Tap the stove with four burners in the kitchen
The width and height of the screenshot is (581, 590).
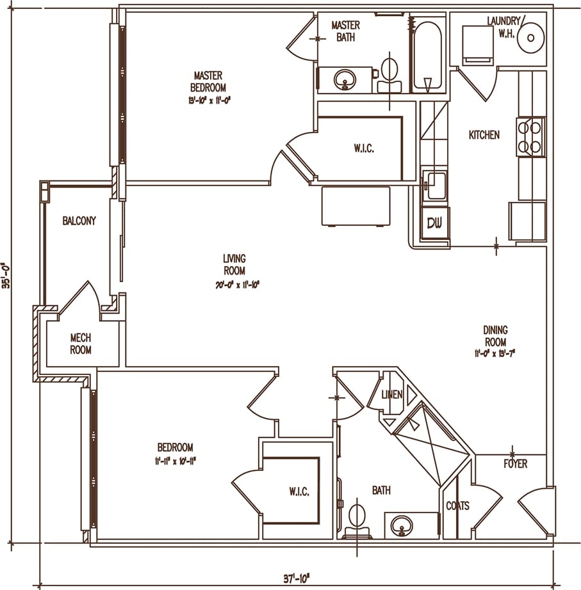pos(531,137)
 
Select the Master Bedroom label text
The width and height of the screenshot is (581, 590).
pos(208,81)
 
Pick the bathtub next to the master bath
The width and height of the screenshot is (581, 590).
pos(427,57)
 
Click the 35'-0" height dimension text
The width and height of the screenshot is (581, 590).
pos(7,276)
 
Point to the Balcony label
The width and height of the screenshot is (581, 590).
pos(79,221)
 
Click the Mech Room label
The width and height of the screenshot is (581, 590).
pos(81,344)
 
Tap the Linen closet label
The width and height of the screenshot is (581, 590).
pos(392,395)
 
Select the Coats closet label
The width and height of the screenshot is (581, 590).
pos(457,506)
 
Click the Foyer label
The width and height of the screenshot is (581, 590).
pos(515,463)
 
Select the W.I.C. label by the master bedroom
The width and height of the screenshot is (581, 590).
pos(363,148)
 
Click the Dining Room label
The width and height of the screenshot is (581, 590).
pos(495,336)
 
